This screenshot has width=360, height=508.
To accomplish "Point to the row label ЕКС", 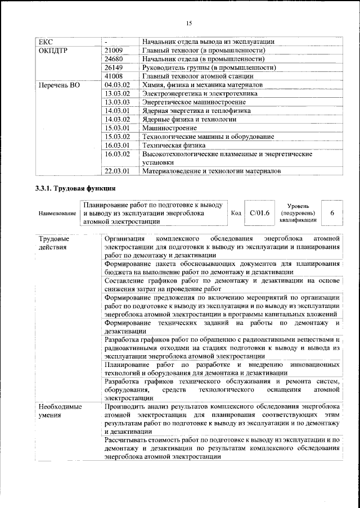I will point(45,42).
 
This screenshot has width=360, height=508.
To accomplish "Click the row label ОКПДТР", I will point(52,50).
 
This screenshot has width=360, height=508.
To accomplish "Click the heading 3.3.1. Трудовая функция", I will point(75,188).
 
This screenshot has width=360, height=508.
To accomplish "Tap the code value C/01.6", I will point(259,213).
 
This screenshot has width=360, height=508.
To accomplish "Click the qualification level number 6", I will point(332,213).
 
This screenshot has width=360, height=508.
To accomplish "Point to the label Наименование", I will point(57,214).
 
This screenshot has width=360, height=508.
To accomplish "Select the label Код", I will point(236,214).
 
